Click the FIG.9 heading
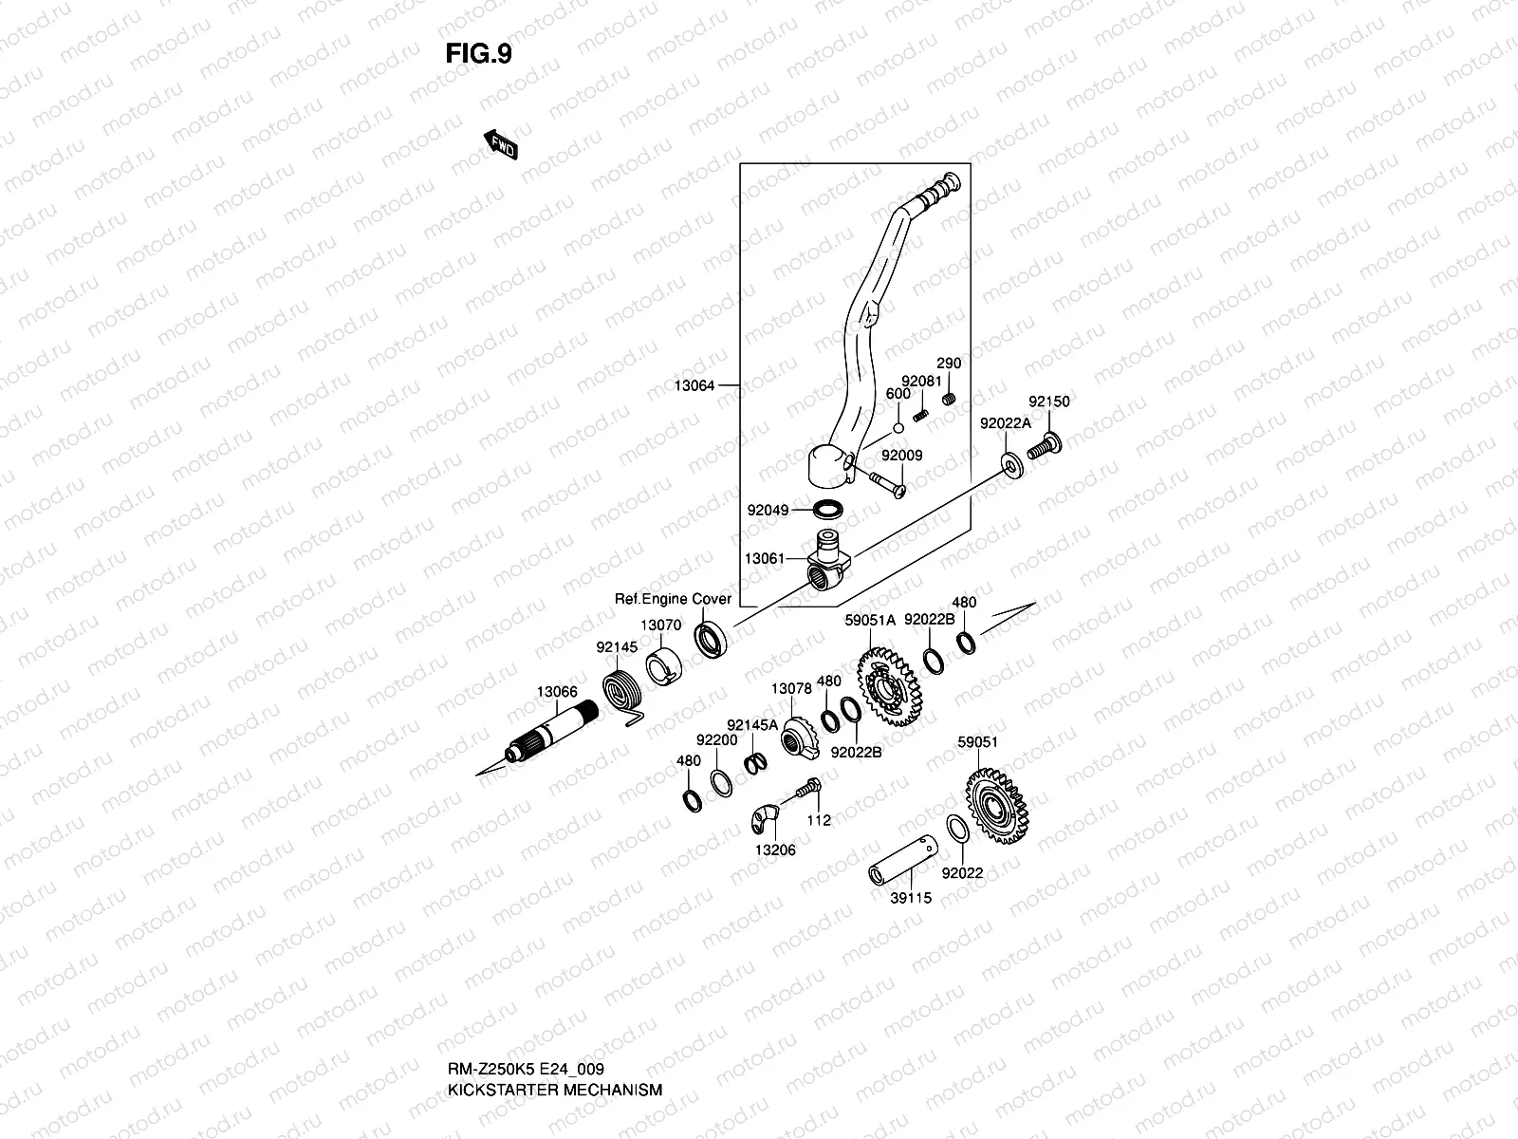478,54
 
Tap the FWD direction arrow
501,146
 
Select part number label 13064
694,385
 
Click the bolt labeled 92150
1043,446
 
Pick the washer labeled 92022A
1013,464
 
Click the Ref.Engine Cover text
673,599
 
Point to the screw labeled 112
807,788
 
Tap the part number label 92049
767,511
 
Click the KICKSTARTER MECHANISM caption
554,1036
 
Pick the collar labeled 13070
664,663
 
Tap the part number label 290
949,364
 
